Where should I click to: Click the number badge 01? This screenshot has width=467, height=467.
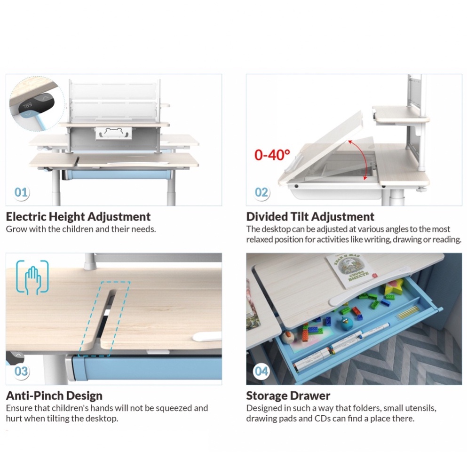tap(21, 192)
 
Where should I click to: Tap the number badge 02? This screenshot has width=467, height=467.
tap(261, 192)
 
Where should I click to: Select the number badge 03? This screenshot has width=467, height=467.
tap(21, 371)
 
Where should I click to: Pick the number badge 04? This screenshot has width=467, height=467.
tap(261, 371)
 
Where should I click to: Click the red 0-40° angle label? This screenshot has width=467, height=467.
tap(272, 155)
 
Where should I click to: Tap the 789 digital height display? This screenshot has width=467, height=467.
tap(27, 105)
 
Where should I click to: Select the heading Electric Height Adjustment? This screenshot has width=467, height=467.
tap(78, 216)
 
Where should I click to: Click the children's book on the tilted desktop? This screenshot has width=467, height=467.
tap(350, 270)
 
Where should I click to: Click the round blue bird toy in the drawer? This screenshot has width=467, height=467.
tap(346, 323)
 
